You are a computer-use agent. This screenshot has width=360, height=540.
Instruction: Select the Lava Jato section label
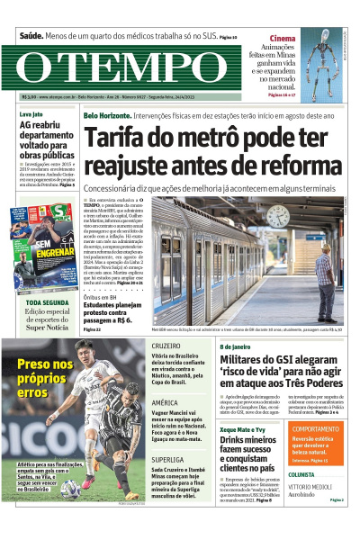(31, 115)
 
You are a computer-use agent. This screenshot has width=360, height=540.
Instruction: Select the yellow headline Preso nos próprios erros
(44, 378)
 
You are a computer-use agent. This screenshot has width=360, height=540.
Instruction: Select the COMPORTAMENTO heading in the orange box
(316, 429)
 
